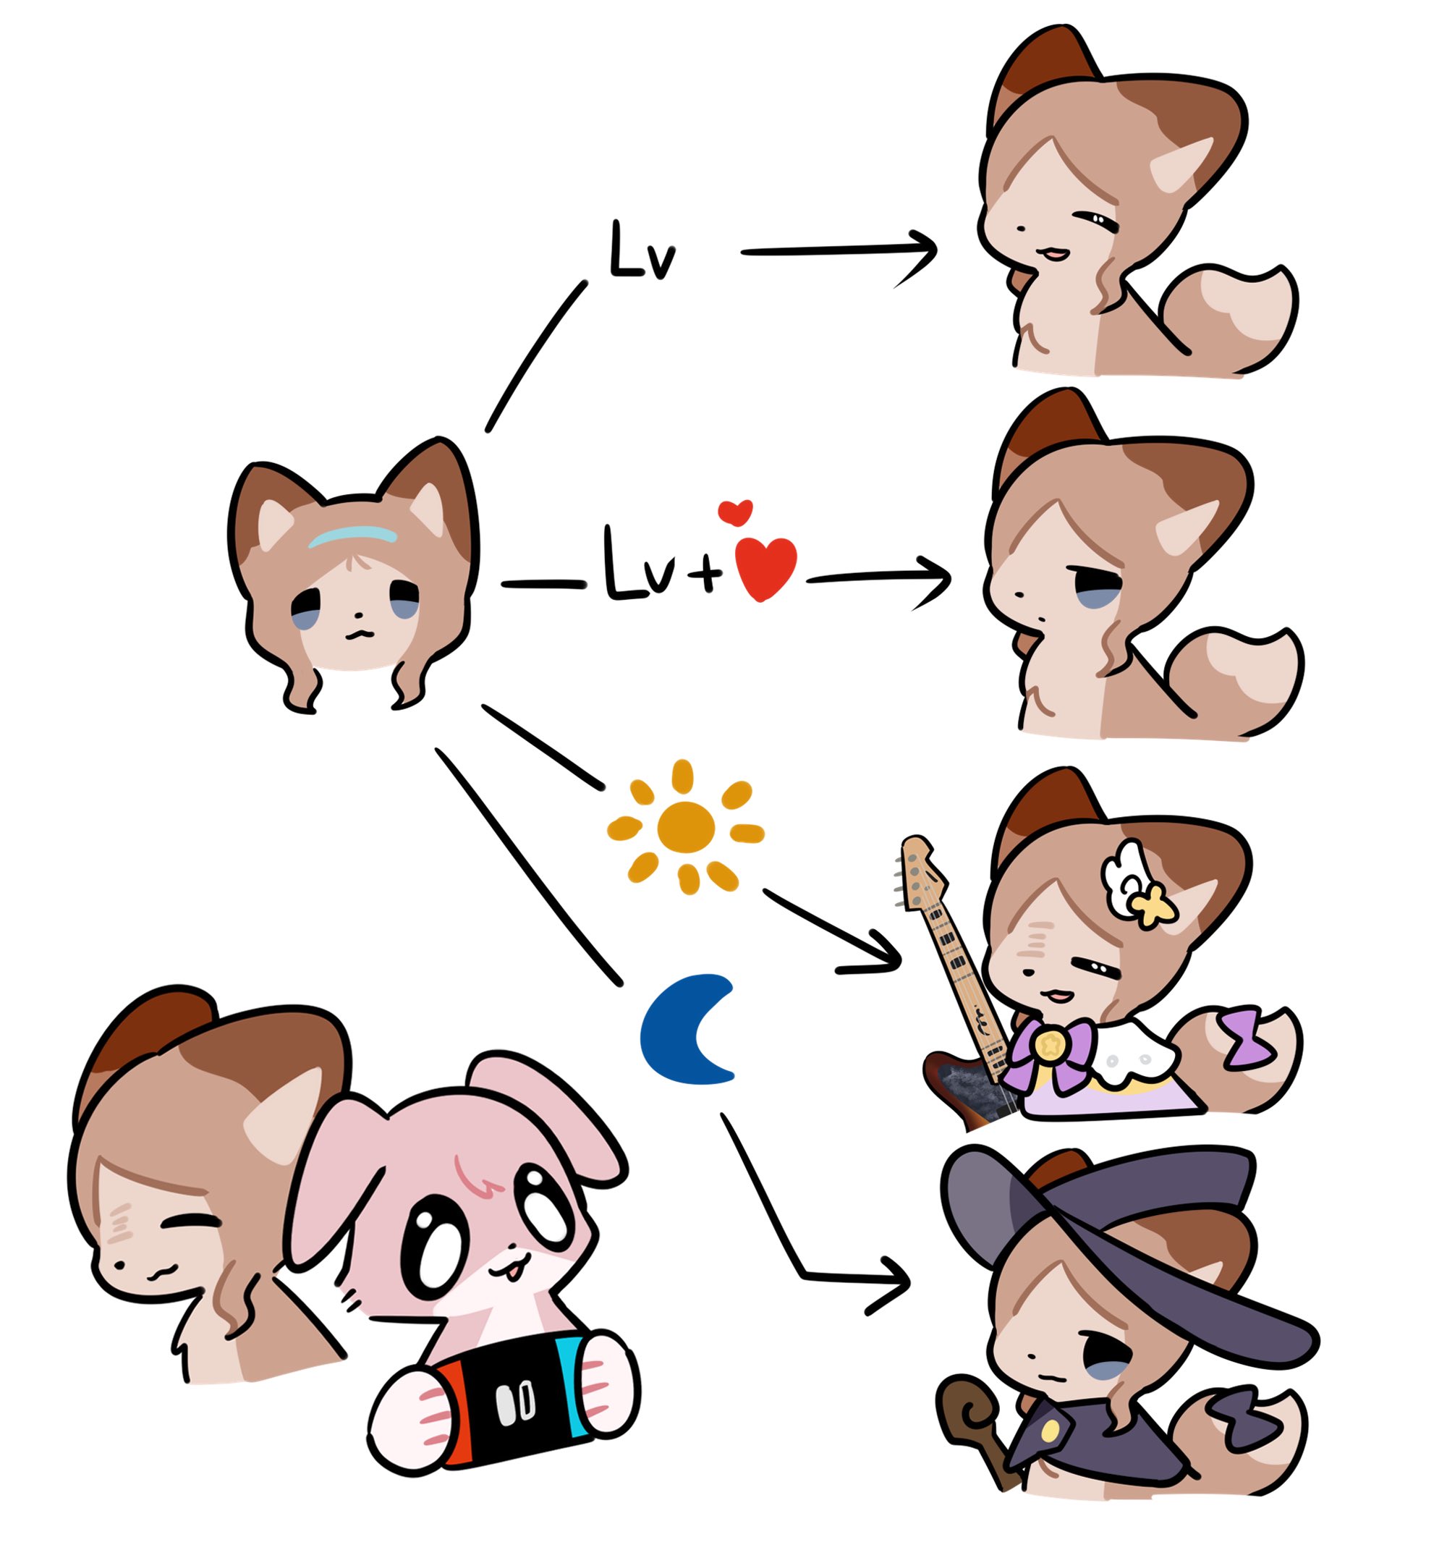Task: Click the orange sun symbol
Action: click(684, 826)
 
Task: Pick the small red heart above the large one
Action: click(734, 511)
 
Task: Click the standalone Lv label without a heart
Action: click(641, 252)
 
